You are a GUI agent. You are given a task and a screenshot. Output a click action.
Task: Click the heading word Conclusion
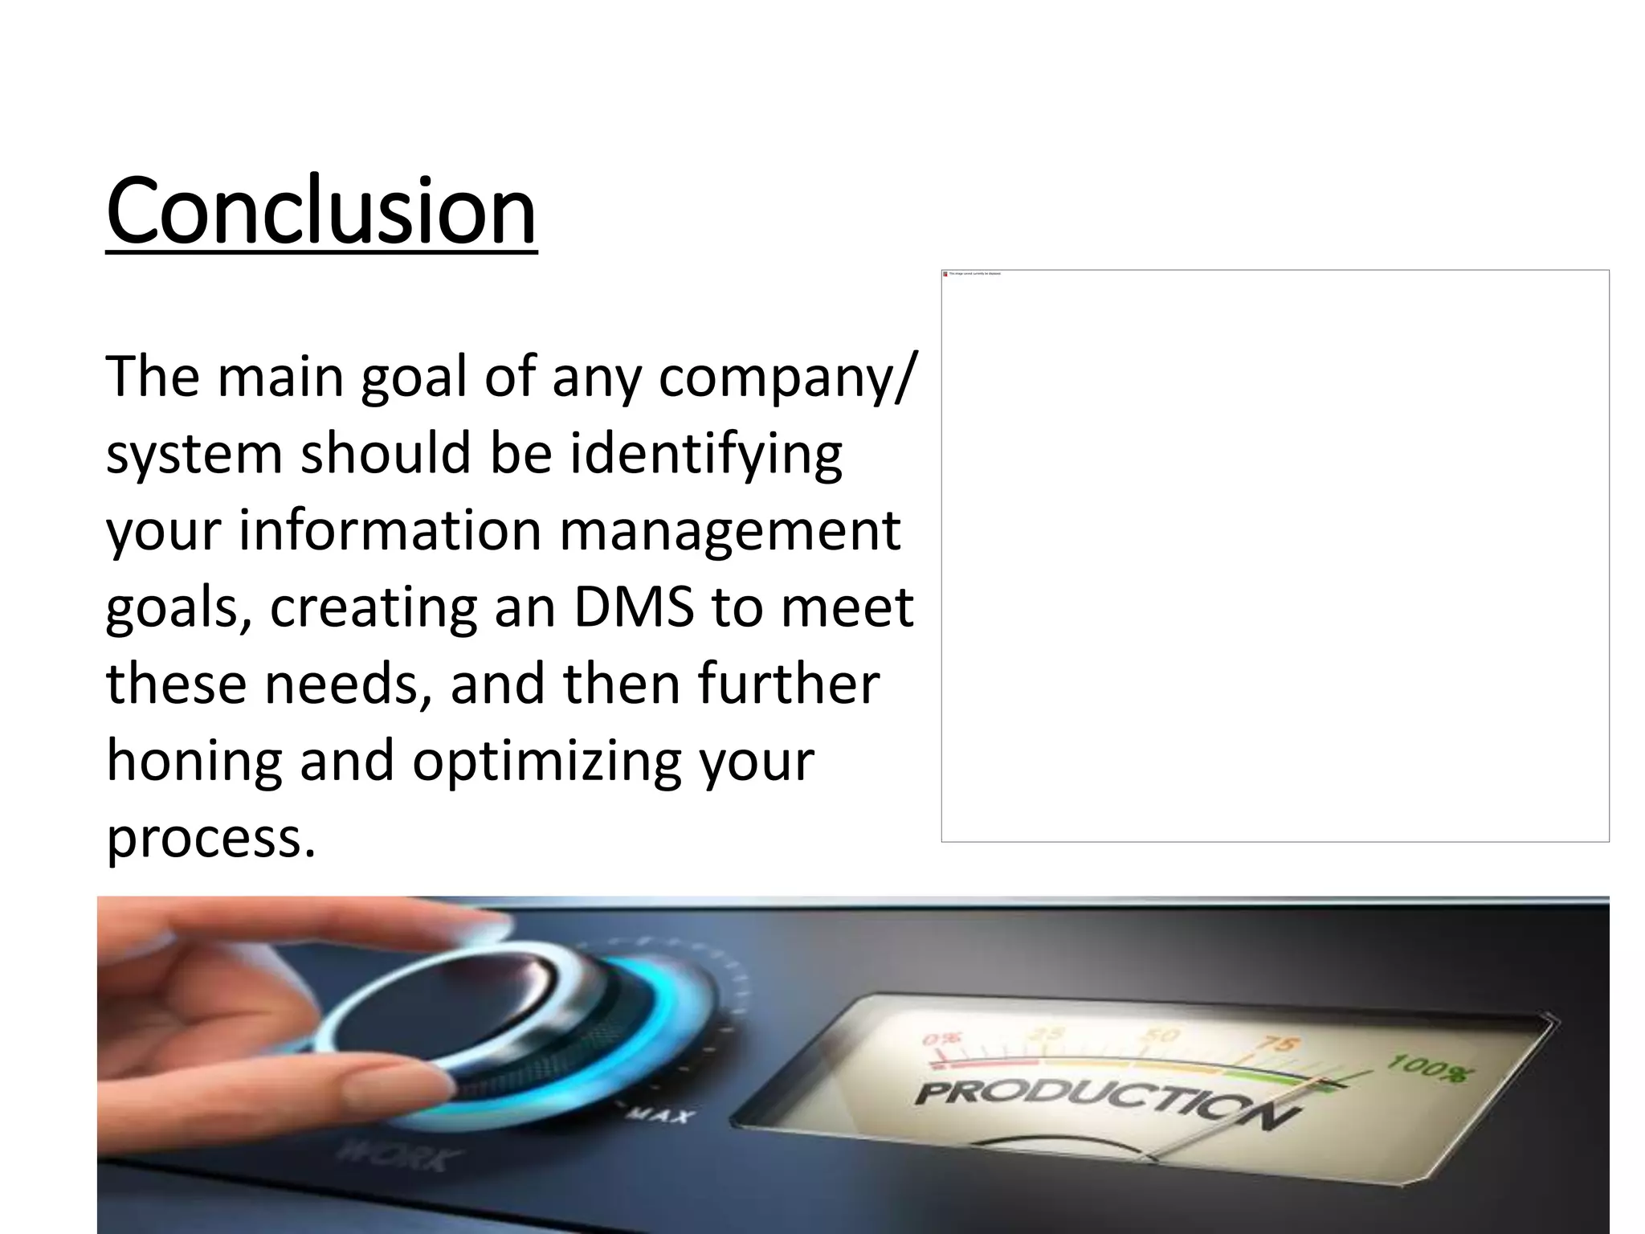(x=320, y=211)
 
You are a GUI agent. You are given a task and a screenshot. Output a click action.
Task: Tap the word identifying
(x=706, y=454)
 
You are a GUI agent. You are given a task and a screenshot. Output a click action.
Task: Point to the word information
(x=390, y=530)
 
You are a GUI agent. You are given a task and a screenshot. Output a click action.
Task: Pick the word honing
(x=194, y=761)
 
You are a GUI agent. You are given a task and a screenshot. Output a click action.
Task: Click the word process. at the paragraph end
(x=210, y=837)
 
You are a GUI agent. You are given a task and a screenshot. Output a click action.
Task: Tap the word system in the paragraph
(x=194, y=455)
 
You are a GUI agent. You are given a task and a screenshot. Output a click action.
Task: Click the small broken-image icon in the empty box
(x=945, y=274)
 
